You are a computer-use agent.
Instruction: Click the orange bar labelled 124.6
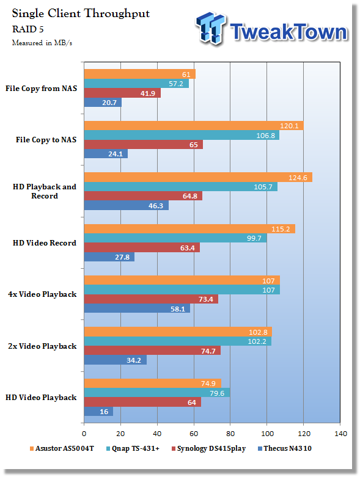198,177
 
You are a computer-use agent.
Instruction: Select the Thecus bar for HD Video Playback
98,412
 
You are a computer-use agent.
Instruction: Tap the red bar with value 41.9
122,93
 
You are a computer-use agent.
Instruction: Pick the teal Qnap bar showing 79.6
157,393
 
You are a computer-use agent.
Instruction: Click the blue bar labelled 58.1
137,308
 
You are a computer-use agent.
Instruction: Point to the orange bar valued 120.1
194,126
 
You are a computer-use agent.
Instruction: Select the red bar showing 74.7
152,351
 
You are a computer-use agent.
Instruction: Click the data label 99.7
254,238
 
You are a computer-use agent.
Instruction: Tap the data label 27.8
122,257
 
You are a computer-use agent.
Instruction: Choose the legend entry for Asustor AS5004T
62,448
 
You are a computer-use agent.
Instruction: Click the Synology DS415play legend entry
209,448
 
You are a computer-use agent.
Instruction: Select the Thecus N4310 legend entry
285,448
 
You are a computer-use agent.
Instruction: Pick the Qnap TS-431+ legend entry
133,448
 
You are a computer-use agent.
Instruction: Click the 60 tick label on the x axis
194,434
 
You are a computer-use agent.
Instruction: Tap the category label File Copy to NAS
46,140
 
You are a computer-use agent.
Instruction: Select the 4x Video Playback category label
42,294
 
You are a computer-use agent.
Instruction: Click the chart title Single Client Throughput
81,13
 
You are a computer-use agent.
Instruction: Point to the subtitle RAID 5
28,29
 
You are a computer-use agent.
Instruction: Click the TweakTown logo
271,29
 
